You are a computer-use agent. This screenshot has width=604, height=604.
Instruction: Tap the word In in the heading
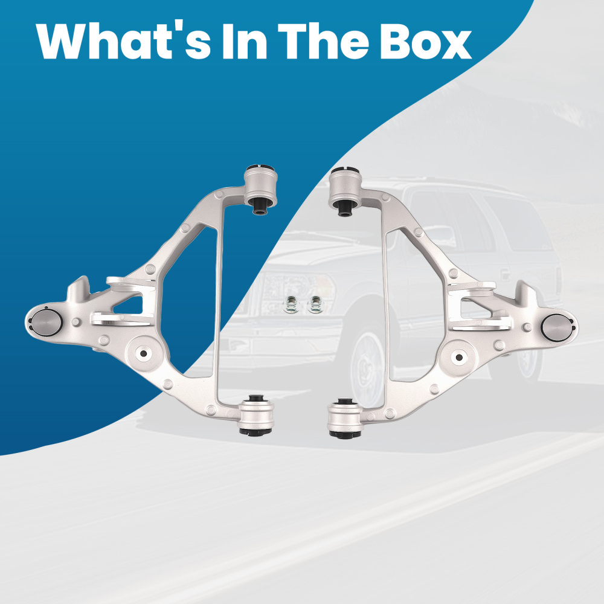coord(245,41)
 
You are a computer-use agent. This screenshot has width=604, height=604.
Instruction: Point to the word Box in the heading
coord(426,41)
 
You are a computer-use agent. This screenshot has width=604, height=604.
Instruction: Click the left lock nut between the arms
coord(290,304)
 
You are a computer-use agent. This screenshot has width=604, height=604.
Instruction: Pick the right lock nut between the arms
coord(315,304)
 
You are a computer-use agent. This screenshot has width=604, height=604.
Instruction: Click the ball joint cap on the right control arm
coord(557,327)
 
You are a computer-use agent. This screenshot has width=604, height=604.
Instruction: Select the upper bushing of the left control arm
coord(261,188)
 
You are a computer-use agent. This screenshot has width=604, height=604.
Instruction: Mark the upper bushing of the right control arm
coord(345,191)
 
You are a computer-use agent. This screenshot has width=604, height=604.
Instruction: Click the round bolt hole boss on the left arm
coord(144,353)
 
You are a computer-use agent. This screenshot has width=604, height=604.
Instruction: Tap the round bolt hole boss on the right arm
coord(459,357)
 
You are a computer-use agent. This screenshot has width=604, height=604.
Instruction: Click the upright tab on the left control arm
coord(79,288)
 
